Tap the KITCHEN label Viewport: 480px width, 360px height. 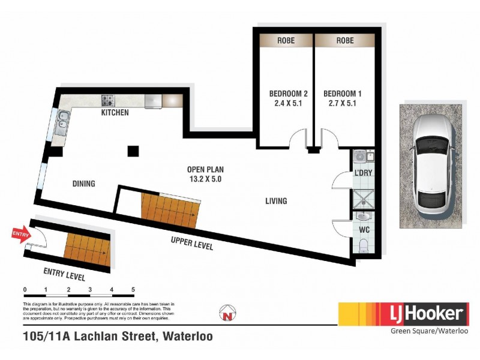point(115,113)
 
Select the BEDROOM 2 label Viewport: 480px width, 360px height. point(288,98)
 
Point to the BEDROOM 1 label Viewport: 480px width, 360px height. point(342,98)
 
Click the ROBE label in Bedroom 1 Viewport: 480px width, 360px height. point(345,41)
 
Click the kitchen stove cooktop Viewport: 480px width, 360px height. point(107,100)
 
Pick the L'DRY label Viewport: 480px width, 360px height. point(364,173)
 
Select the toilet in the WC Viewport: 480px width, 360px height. point(364,245)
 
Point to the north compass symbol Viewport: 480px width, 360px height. point(227,313)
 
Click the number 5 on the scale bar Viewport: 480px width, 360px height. point(133,290)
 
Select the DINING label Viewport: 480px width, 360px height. point(83,184)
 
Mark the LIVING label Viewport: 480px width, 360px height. point(276,201)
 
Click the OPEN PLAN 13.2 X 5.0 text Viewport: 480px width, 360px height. point(205,174)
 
